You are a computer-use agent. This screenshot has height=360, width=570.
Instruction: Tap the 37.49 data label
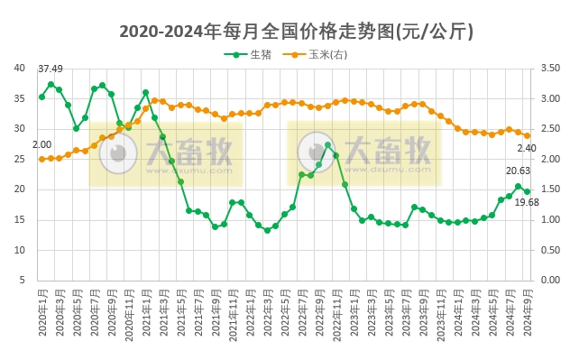(x=51, y=69)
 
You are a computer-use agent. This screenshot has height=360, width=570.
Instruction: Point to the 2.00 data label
(x=41, y=144)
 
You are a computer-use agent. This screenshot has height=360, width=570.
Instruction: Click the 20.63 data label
(x=518, y=171)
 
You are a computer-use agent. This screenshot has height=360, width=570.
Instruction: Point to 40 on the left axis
(x=20, y=68)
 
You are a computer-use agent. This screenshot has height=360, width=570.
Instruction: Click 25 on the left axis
(x=20, y=159)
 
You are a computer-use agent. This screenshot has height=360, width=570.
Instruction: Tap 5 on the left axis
(x=23, y=280)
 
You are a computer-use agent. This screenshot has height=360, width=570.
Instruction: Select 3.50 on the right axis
(x=548, y=68)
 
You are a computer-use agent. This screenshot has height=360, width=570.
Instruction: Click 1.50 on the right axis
(x=548, y=189)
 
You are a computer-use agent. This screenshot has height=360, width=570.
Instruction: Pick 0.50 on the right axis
(x=548, y=250)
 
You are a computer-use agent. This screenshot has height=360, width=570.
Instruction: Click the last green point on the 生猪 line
(x=527, y=191)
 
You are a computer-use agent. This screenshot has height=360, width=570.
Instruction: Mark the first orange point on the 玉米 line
(x=41, y=159)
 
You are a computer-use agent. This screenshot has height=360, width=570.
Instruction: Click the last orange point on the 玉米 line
(x=527, y=135)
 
